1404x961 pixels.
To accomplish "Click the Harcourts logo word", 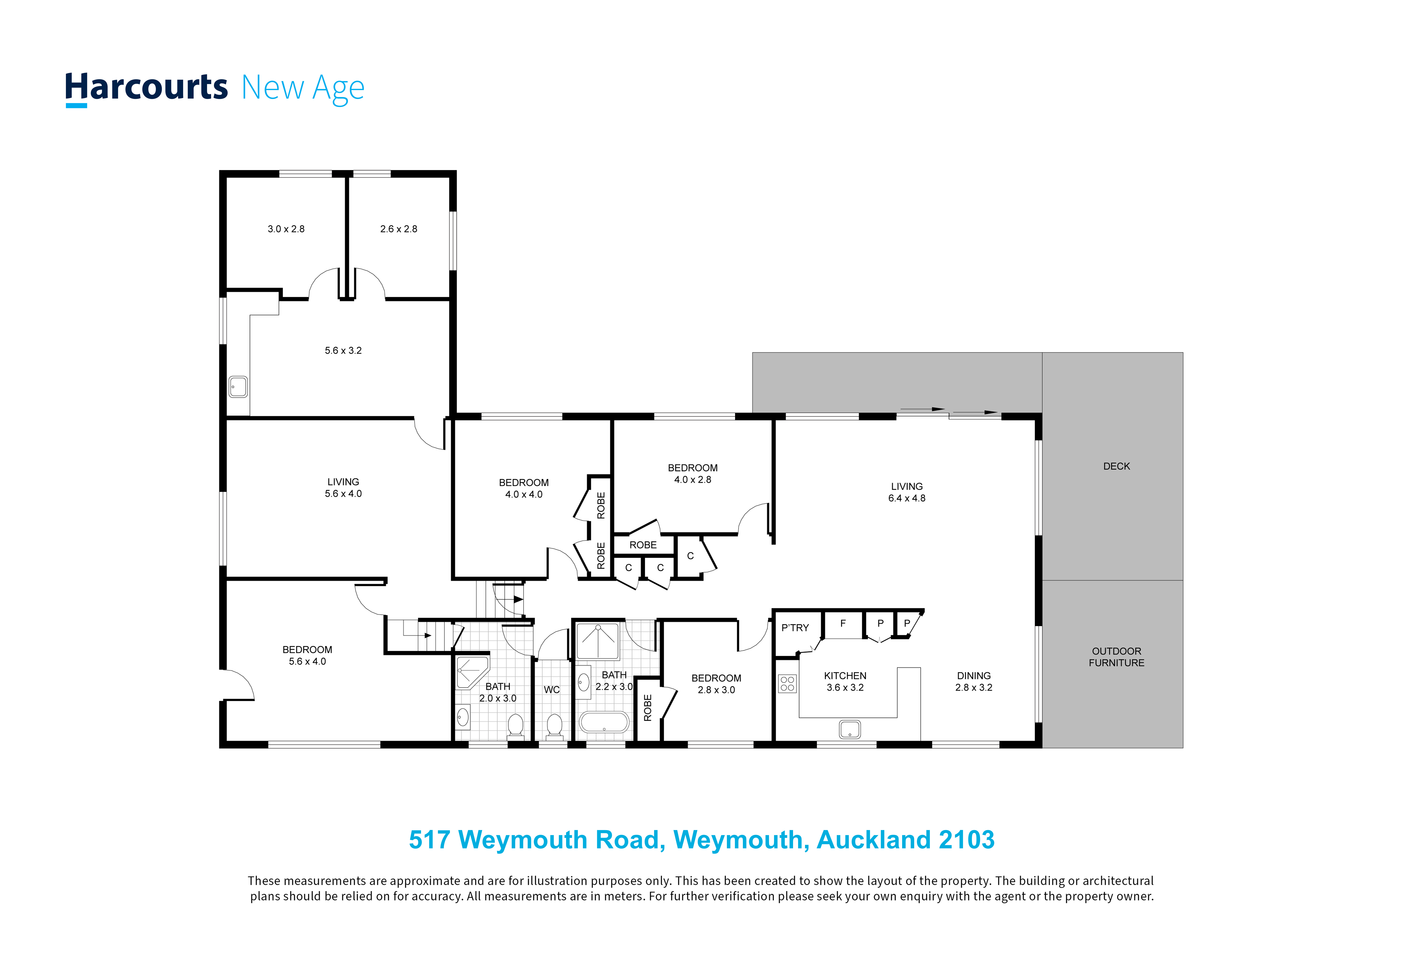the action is tap(146, 88).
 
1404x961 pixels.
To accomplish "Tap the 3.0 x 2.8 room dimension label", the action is tap(286, 229).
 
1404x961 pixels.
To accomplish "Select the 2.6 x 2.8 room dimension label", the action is tap(399, 229).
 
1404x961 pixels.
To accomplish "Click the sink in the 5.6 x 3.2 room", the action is tap(238, 387).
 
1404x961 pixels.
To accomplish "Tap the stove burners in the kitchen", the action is tap(787, 683).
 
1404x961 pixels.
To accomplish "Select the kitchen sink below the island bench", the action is tap(849, 729).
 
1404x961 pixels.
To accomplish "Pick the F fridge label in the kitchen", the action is tap(843, 623).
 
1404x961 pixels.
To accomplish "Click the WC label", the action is tap(552, 690).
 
